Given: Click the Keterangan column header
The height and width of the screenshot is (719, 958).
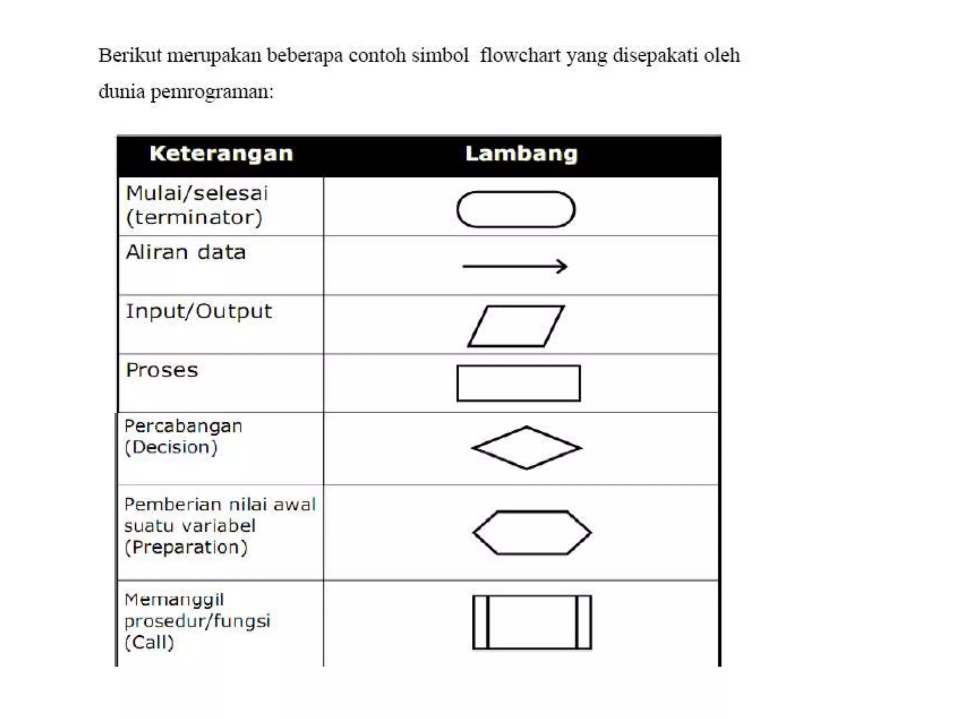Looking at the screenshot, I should point(221,154).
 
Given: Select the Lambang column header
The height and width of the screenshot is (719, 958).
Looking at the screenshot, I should point(521,154).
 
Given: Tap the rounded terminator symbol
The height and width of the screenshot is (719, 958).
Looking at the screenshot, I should point(515,209).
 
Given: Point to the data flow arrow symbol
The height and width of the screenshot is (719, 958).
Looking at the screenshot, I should point(515,266).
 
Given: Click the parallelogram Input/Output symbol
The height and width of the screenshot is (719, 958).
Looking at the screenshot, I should point(516,326).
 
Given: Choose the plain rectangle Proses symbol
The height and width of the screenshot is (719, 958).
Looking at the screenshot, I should point(518,383).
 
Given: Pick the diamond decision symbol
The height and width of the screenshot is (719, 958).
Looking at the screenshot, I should point(526,448).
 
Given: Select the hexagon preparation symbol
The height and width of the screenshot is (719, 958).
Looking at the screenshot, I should point(532,533).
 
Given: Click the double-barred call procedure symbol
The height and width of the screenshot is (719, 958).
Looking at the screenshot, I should point(532,622).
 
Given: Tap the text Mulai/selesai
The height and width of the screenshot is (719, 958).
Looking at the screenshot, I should point(197,193).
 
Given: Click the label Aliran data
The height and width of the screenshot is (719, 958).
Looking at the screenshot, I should point(186,252).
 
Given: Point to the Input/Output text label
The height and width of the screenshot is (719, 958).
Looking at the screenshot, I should point(199,311).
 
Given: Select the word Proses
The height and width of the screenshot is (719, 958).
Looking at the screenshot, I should point(162,370).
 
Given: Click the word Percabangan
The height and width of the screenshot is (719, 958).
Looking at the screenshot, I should point(183,426).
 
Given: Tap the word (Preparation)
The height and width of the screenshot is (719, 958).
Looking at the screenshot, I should point(186,547).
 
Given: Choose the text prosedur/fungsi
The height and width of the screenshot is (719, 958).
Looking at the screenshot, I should point(197,621).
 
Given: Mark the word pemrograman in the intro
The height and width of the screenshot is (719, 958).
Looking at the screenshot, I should point(211,92).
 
